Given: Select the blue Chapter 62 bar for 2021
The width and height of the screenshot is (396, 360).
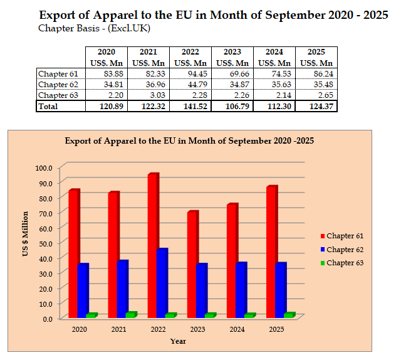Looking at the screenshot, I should click(x=122, y=289).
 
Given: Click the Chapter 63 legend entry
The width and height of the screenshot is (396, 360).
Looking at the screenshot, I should click(x=345, y=263).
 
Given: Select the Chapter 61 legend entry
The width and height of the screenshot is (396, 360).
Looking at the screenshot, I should click(x=345, y=236).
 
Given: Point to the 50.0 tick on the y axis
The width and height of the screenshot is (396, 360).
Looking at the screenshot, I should click(x=44, y=243).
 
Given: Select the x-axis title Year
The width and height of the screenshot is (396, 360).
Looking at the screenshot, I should click(x=178, y=341).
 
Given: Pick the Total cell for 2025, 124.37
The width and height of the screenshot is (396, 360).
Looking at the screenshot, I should click(x=316, y=107).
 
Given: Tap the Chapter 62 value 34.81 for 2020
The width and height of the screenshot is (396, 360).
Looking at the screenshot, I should click(x=106, y=85).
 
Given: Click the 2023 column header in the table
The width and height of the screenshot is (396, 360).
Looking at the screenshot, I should click(x=232, y=52).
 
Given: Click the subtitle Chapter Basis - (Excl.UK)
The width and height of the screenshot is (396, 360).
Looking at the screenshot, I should click(x=94, y=28).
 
